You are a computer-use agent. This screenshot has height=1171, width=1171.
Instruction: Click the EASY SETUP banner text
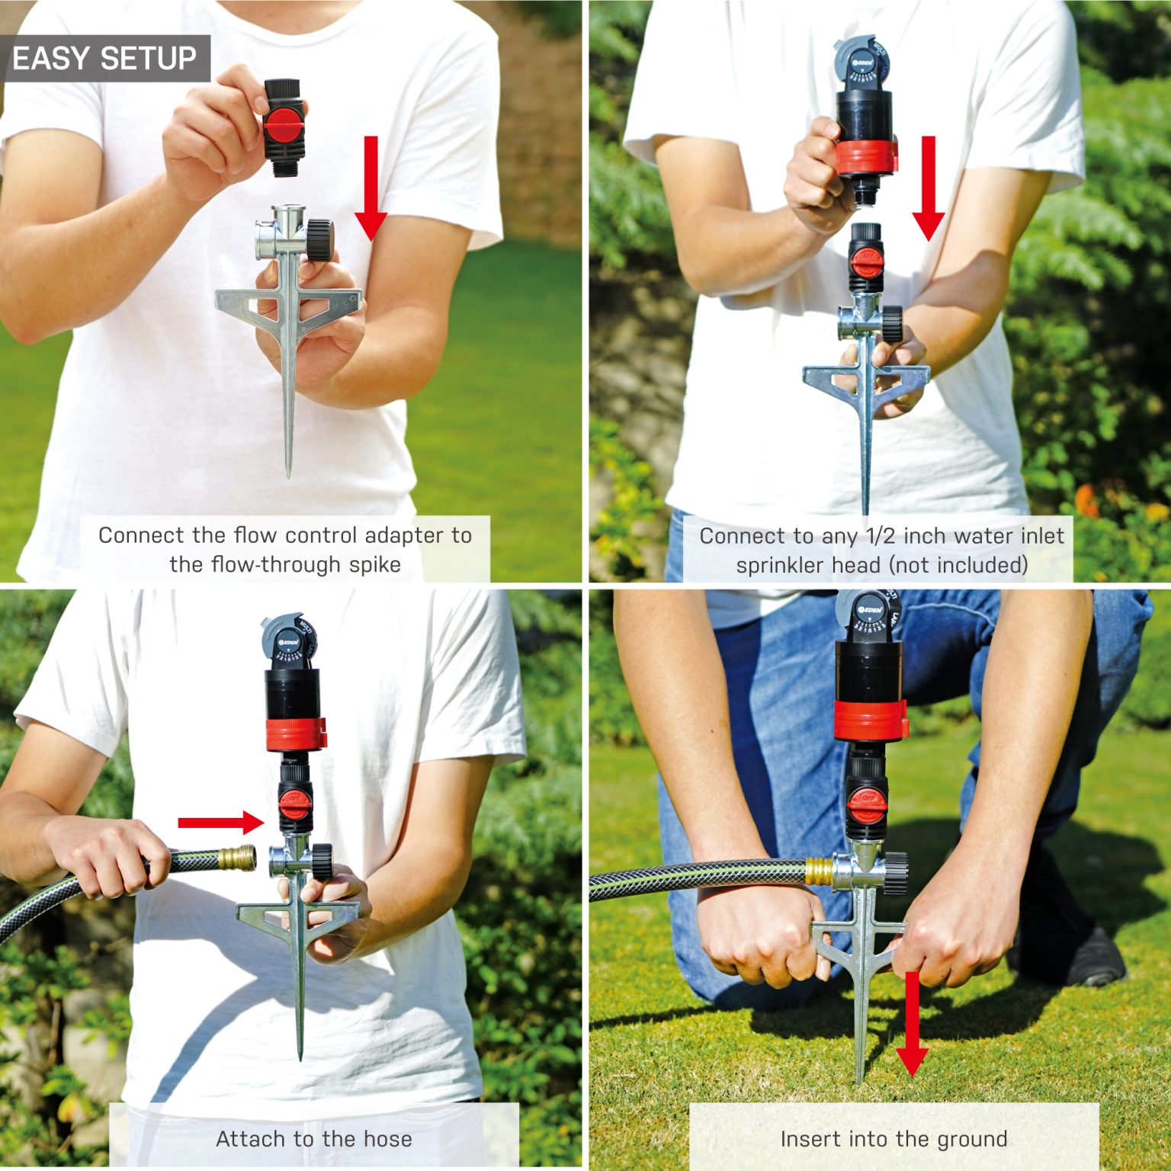tap(104, 59)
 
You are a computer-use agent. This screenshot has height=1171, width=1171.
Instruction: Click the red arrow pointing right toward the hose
tap(221, 822)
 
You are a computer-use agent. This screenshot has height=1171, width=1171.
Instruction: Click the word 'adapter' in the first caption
tap(404, 535)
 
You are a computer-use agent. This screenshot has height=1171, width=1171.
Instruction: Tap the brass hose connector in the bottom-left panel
tap(237, 858)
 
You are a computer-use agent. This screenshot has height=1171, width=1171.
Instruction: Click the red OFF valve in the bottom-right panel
tap(868, 800)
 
